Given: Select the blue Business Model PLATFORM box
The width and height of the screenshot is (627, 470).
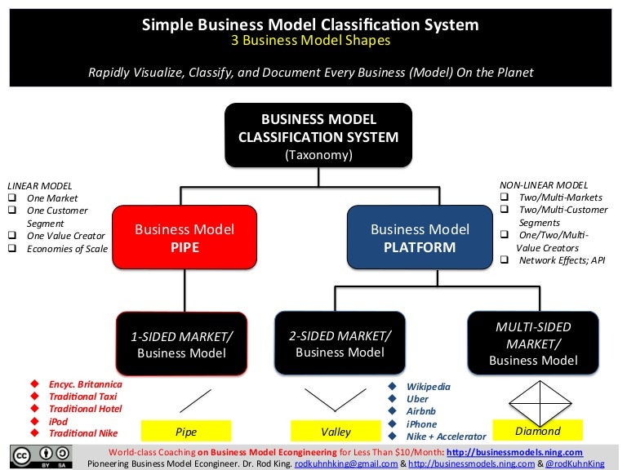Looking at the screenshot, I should [x=420, y=237].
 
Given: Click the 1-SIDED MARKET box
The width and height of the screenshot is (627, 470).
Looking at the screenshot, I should [x=181, y=344].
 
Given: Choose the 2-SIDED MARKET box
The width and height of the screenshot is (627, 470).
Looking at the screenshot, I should [x=340, y=344].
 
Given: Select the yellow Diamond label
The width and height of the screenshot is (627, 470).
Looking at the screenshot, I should [x=537, y=430].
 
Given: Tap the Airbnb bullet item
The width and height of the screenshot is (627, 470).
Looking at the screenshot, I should [x=424, y=412].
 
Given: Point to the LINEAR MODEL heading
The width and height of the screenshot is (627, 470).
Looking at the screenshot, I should [x=38, y=185].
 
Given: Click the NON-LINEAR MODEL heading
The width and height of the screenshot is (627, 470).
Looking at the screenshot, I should [x=543, y=185].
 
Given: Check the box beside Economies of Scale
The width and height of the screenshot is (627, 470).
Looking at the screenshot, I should [x=12, y=249].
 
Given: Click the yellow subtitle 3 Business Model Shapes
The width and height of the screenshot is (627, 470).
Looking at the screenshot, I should [x=310, y=40].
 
